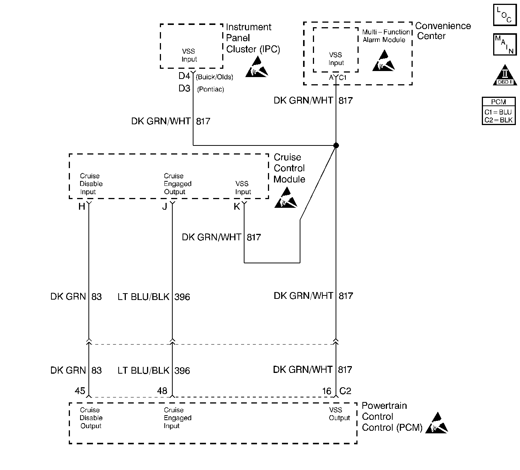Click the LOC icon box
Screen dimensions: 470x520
point(505,15)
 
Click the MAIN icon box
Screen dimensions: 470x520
point(505,45)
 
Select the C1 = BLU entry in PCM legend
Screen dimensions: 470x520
point(498,112)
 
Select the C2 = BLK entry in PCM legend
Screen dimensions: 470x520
point(498,120)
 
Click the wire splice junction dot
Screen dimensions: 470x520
point(336,145)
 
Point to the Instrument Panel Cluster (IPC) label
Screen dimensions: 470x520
point(253,38)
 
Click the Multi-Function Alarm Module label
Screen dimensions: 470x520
point(386,36)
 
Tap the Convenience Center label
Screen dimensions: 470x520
point(443,31)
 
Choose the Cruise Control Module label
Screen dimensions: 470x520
point(289,168)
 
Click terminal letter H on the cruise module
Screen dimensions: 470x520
point(82,207)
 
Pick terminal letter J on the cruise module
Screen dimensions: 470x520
point(165,207)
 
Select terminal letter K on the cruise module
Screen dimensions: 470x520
point(237,207)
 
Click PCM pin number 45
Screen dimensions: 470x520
point(80,391)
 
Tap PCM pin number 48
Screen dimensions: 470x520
point(162,391)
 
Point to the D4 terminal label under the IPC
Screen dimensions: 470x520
point(184,76)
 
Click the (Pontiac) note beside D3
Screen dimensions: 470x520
point(210,90)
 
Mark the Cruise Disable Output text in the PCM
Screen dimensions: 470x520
point(91,418)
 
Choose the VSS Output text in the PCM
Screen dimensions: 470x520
point(339,414)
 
